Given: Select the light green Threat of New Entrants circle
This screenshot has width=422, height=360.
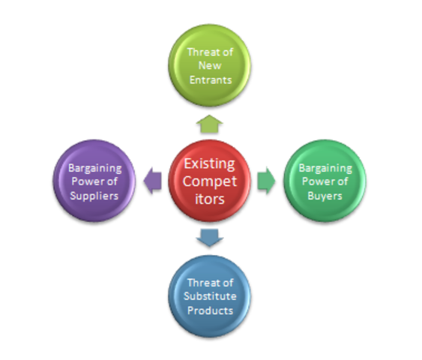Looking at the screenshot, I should point(209,66).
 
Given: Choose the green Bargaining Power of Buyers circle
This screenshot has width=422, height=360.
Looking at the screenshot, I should point(325,182).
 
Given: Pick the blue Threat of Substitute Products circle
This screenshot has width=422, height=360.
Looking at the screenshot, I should point(209,297).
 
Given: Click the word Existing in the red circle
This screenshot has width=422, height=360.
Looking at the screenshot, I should point(209,163).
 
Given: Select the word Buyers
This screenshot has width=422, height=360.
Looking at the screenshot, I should point(325,195).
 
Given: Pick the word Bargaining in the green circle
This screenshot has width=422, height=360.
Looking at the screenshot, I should point(325,168).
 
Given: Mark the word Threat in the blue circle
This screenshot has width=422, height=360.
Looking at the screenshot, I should point(203,283).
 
